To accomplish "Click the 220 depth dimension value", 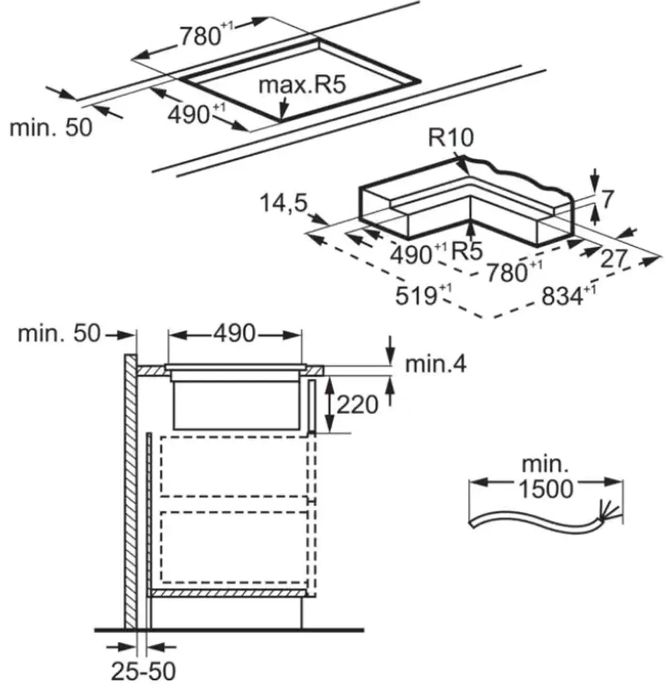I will click(x=358, y=403).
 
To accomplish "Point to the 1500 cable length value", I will click(x=545, y=488).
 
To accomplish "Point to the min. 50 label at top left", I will click(x=51, y=127).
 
